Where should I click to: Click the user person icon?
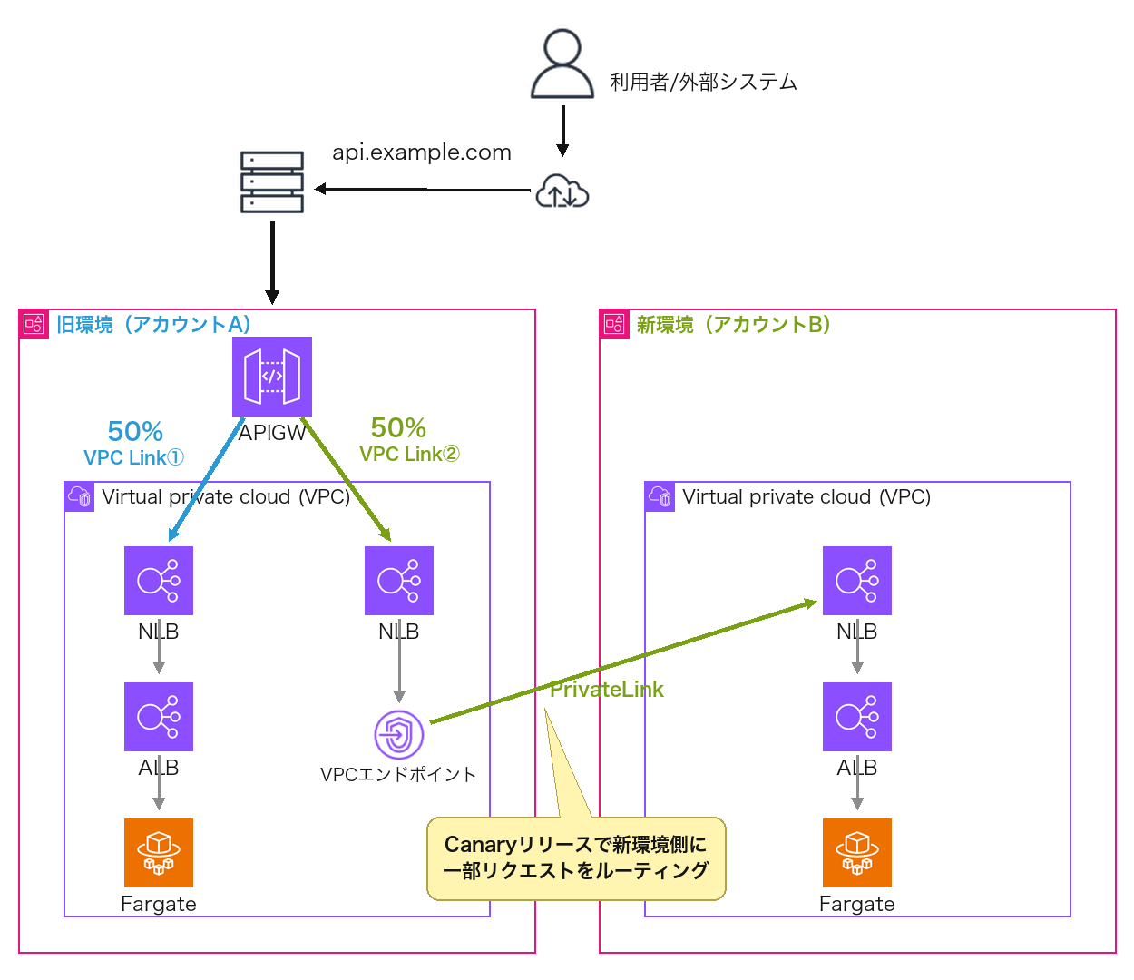pyautogui.click(x=562, y=64)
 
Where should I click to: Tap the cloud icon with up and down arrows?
pyautogui.click(x=562, y=191)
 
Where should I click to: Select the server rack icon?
pyautogui.click(x=271, y=181)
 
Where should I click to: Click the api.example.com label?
pyautogui.click(x=421, y=152)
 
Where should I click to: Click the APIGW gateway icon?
pyautogui.click(x=271, y=376)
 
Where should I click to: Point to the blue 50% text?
pyautogui.click(x=135, y=431)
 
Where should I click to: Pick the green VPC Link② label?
pyautogui.click(x=409, y=453)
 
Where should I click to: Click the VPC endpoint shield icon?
pyautogui.click(x=398, y=734)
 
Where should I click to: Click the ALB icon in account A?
pyautogui.click(x=158, y=716)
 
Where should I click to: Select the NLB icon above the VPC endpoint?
pyautogui.click(x=398, y=580)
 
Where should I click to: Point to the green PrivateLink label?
pyautogui.click(x=606, y=689)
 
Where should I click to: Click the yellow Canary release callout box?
pyautogui.click(x=575, y=857)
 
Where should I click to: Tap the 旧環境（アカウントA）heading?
pyautogui.click(x=153, y=324)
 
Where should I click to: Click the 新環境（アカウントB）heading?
pyautogui.click(x=733, y=324)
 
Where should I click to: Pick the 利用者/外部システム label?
pyautogui.click(x=702, y=82)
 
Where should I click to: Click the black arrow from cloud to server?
pyautogui.click(x=422, y=190)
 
